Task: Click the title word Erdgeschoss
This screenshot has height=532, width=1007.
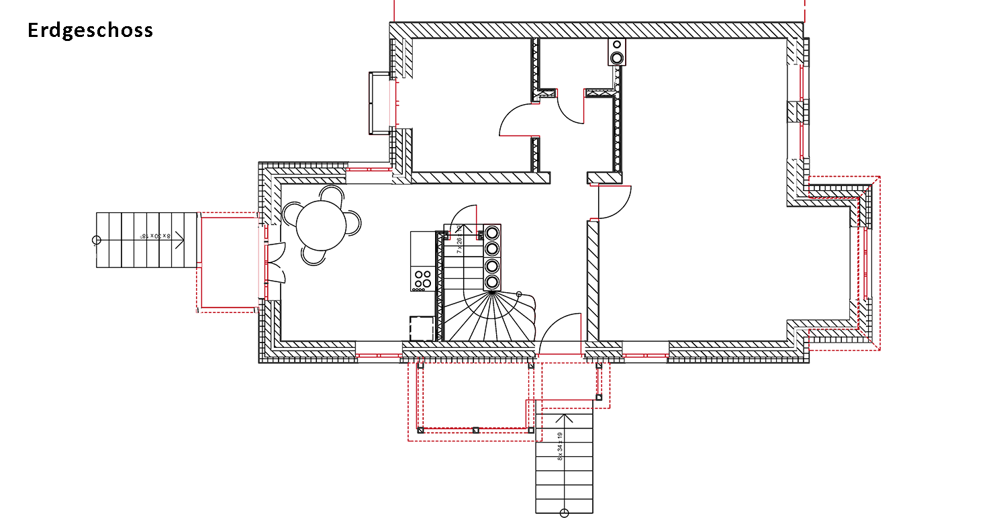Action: pos(91,31)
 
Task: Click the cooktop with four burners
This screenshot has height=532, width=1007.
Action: pos(422,279)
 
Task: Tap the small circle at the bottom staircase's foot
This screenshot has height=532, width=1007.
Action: pos(564,514)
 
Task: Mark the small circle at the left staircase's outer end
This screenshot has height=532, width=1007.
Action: pos(96,240)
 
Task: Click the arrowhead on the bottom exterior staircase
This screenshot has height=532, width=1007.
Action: pos(564,418)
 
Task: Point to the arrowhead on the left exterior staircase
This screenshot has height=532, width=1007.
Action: pos(180,240)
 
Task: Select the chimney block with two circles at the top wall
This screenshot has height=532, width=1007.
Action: pos(617,52)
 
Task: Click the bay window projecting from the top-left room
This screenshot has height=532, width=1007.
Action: pos(378,103)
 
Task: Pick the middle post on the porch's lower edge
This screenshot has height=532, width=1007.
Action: pos(475,429)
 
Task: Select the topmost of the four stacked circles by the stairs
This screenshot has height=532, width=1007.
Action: pos(492,233)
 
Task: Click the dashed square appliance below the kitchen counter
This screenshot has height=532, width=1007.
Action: pos(422,328)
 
